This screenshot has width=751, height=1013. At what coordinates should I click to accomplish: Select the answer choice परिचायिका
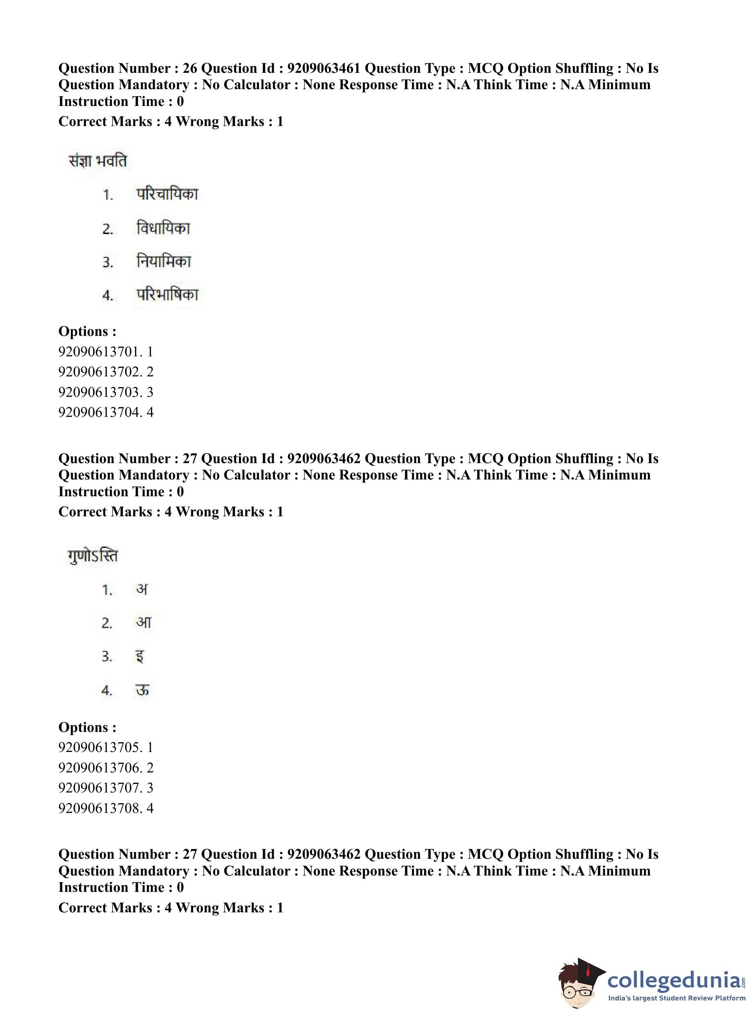[167, 194]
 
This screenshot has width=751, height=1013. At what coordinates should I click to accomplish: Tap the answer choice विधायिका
[163, 228]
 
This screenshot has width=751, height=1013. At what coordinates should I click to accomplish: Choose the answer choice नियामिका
[164, 261]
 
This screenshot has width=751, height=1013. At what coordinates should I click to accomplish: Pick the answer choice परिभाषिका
[167, 295]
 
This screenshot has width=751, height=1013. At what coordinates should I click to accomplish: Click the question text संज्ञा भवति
[97, 161]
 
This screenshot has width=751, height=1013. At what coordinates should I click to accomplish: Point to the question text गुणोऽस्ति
[93, 556]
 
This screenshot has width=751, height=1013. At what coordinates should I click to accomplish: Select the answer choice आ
[144, 622]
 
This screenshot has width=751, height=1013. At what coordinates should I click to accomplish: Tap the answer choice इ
[140, 657]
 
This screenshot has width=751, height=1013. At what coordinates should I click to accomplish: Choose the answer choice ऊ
[142, 690]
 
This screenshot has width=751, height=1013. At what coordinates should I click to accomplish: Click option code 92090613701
[100, 351]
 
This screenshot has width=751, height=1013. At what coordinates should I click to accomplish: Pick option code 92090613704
[100, 412]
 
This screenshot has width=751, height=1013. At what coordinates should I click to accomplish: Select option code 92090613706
[100, 768]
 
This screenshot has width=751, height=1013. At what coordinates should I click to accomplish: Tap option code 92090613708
[100, 808]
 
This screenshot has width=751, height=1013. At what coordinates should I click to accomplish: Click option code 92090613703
[100, 392]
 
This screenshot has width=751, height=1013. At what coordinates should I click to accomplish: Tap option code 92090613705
[100, 747]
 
